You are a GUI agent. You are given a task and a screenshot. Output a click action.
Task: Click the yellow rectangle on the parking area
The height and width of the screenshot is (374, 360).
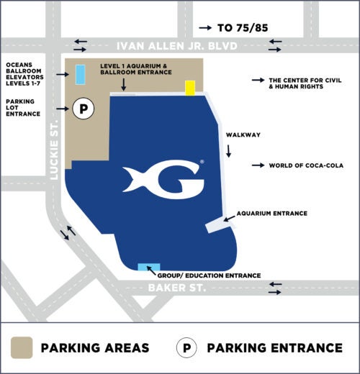pyautogui.click(x=190, y=88)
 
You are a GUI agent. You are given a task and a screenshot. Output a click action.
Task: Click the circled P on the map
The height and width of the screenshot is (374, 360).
pyautogui.click(x=84, y=109)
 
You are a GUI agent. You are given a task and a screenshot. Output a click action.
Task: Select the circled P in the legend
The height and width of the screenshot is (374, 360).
pyautogui.click(x=186, y=348)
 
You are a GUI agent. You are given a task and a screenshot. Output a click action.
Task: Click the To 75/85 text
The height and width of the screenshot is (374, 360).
pyautogui.click(x=242, y=28)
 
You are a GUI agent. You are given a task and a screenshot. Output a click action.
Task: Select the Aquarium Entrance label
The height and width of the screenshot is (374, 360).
pyautogui.click(x=272, y=213)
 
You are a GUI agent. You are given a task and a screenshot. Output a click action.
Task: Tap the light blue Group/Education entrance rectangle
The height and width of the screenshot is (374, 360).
pyautogui.click(x=149, y=268)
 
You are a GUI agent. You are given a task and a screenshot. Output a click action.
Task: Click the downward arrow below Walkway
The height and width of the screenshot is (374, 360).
pyautogui.click(x=230, y=151)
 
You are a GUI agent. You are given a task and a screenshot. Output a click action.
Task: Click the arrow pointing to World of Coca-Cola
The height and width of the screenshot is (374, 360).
pyautogui.click(x=257, y=165)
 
